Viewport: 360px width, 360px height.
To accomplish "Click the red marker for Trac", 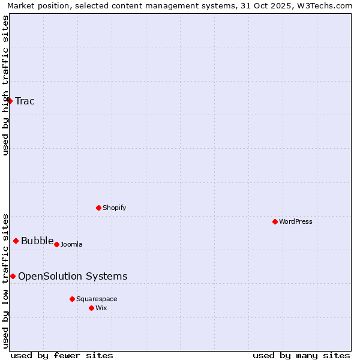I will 10,101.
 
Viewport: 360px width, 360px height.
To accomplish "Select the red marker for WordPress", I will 275,221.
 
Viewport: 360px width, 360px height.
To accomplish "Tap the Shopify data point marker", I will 98,208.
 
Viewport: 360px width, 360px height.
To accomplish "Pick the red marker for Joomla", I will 56,244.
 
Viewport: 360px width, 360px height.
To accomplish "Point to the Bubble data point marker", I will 16,241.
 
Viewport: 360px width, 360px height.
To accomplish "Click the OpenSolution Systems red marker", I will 13,276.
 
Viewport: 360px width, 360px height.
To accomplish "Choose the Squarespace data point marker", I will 72,299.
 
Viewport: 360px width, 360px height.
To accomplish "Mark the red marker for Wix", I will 91,308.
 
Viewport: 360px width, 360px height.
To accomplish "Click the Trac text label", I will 25,101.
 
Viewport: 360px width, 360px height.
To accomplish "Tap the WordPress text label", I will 296,221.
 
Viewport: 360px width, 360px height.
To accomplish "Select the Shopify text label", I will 114,208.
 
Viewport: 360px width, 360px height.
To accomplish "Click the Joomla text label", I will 71,244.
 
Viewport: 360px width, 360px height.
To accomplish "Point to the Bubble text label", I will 37,241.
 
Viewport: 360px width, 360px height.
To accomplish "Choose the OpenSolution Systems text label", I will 73,276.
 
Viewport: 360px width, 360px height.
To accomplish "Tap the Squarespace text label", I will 97,299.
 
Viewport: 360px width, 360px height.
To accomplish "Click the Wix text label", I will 101,308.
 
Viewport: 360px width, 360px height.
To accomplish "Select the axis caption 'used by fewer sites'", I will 62,355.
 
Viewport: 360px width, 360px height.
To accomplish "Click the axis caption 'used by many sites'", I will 301,355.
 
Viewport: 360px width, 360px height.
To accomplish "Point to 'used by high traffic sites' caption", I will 6,85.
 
